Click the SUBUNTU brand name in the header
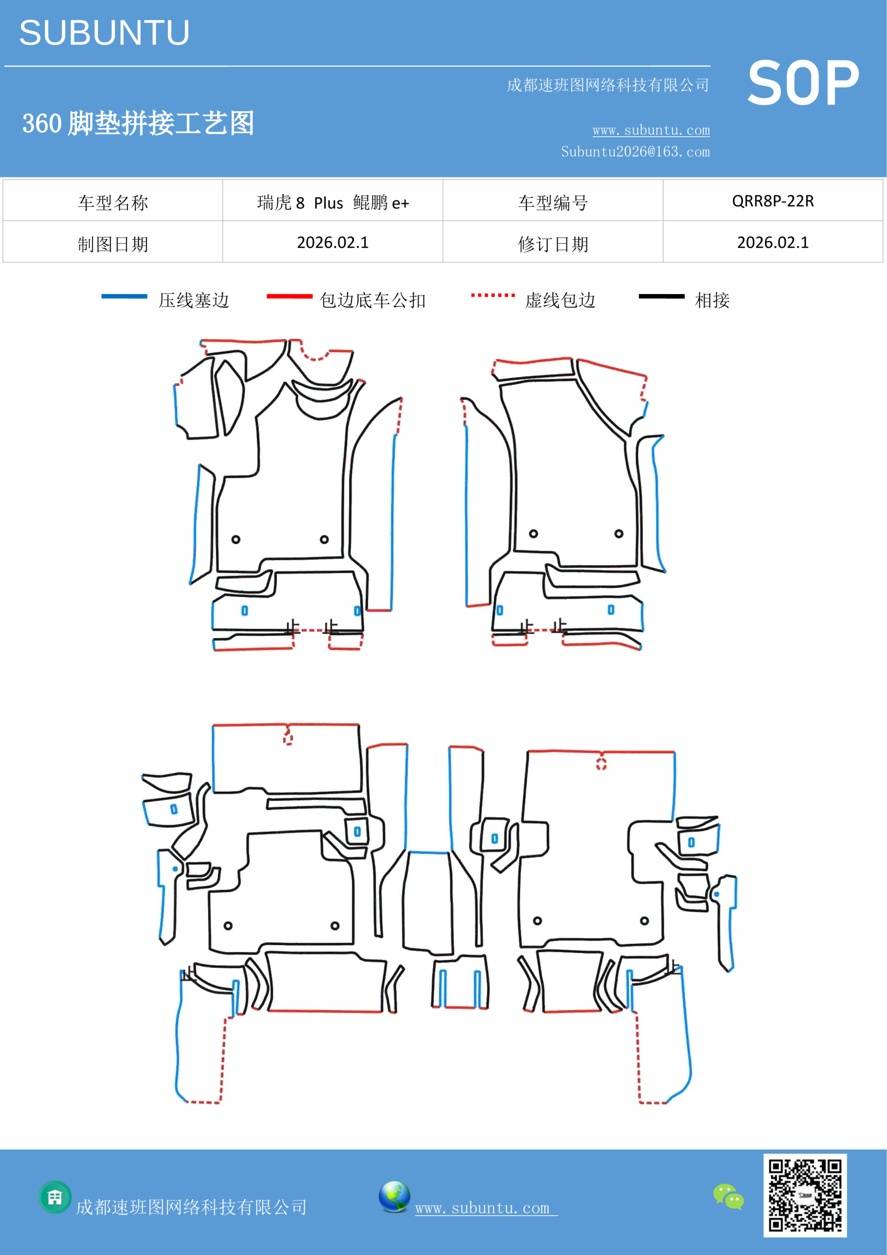[x=104, y=33]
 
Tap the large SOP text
[x=803, y=84]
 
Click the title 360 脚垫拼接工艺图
[x=138, y=123]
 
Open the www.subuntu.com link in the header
[x=651, y=130]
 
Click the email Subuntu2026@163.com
[x=635, y=151]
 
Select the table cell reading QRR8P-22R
[x=773, y=201]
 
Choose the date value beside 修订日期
[x=773, y=242]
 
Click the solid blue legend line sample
[x=124, y=296]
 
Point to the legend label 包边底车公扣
[x=373, y=300]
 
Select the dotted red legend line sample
[x=493, y=295]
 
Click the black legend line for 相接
[x=661, y=296]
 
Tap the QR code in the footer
[x=805, y=1195]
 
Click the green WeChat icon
[x=729, y=1196]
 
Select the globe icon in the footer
[x=394, y=1197]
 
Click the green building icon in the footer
[x=55, y=1197]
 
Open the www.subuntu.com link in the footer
[x=486, y=1208]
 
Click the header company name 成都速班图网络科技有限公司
[x=608, y=85]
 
